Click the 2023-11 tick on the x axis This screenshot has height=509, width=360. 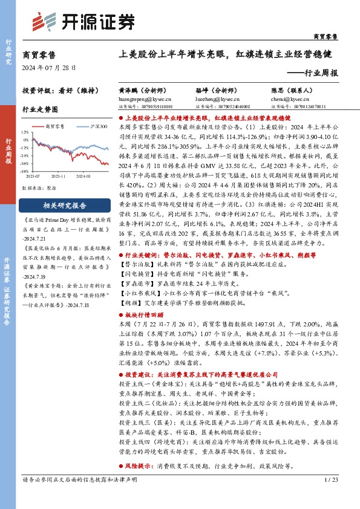(x=58, y=176)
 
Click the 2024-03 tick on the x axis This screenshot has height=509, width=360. (x=83, y=176)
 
